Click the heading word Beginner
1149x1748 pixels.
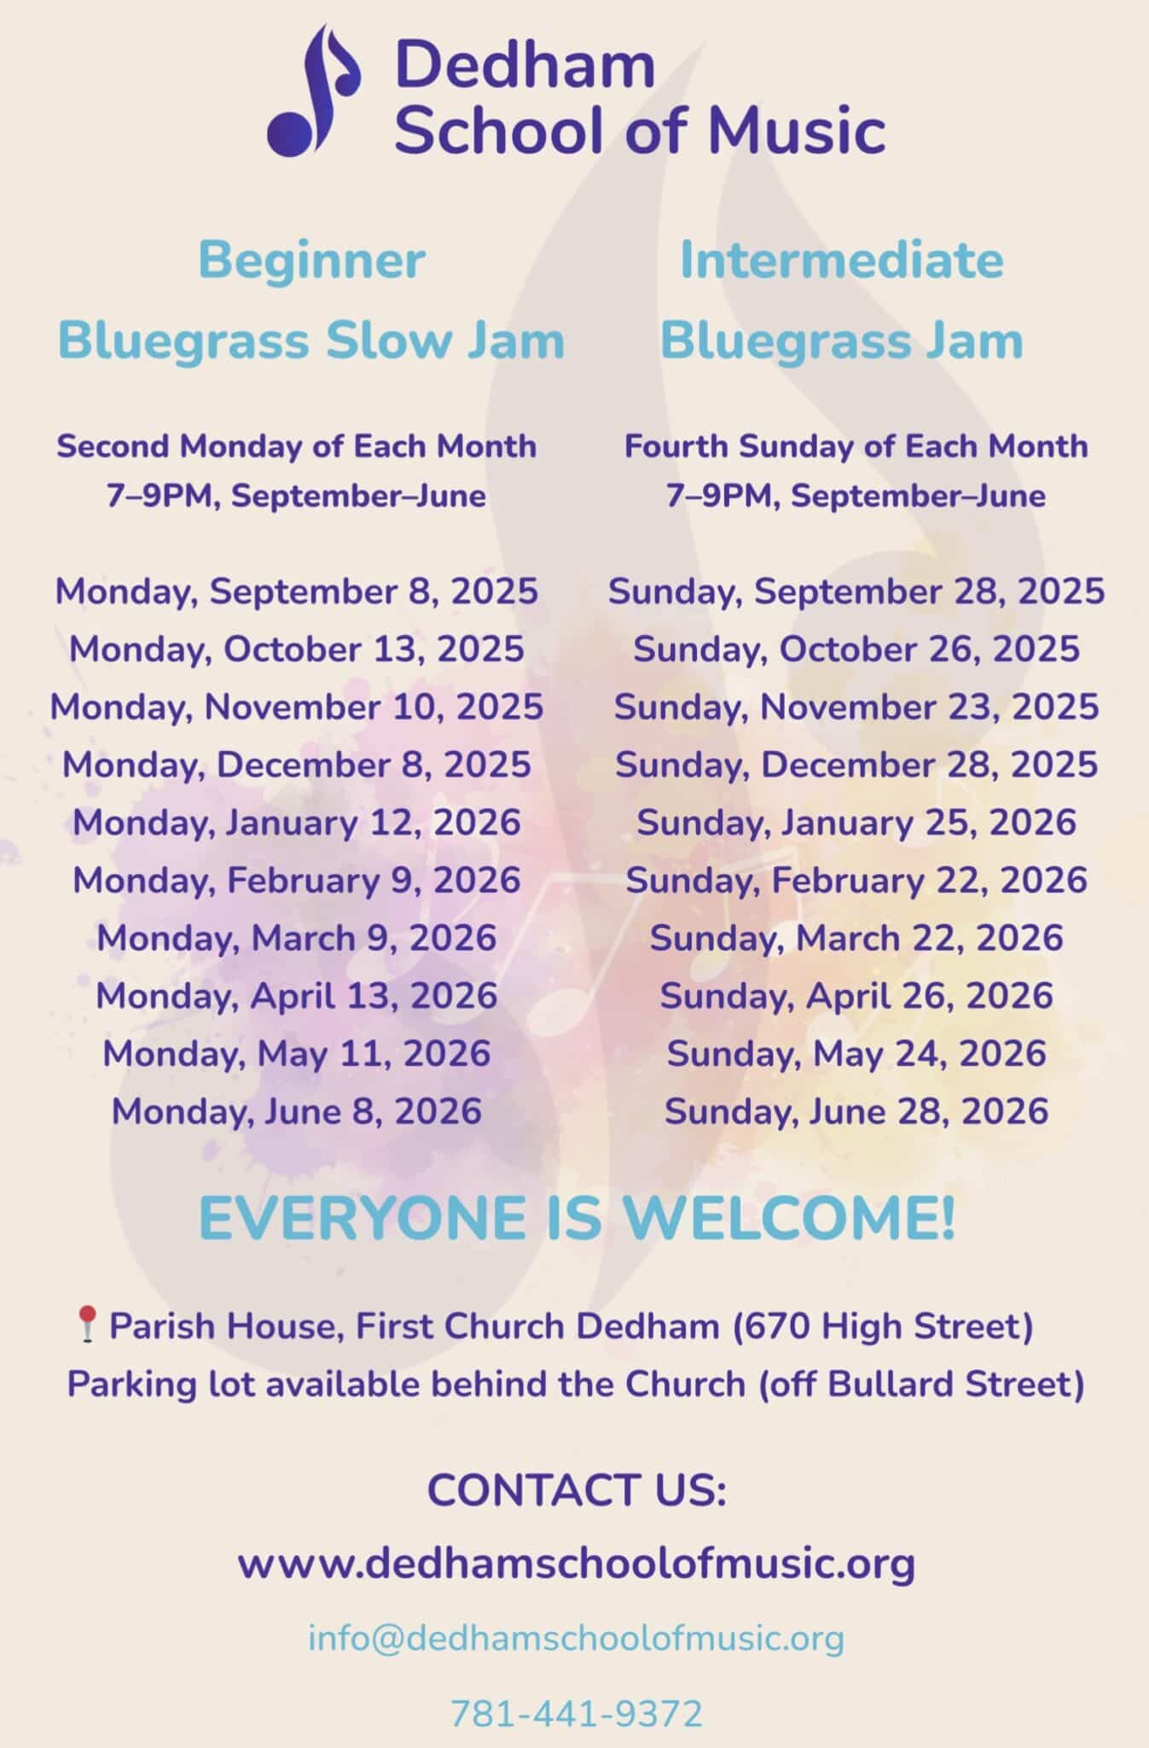(311, 260)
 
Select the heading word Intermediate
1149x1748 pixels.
(841, 260)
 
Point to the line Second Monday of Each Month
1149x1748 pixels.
(296, 446)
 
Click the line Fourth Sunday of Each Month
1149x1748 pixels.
(856, 446)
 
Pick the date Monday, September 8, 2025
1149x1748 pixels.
(297, 591)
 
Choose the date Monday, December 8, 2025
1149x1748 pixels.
(297, 765)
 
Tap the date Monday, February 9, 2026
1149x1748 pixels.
(297, 880)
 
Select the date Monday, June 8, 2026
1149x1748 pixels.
(297, 1111)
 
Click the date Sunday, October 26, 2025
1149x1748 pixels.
(856, 650)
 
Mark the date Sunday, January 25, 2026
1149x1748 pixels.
(856, 823)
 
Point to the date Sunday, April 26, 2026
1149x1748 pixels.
(856, 996)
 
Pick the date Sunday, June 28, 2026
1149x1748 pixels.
(856, 1111)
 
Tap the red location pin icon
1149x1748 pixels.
(86, 1325)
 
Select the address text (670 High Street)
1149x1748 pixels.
(883, 1326)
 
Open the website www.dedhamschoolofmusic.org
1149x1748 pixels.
(576, 1564)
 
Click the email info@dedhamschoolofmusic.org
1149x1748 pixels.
(576, 1638)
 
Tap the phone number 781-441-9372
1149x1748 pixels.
(576, 1713)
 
